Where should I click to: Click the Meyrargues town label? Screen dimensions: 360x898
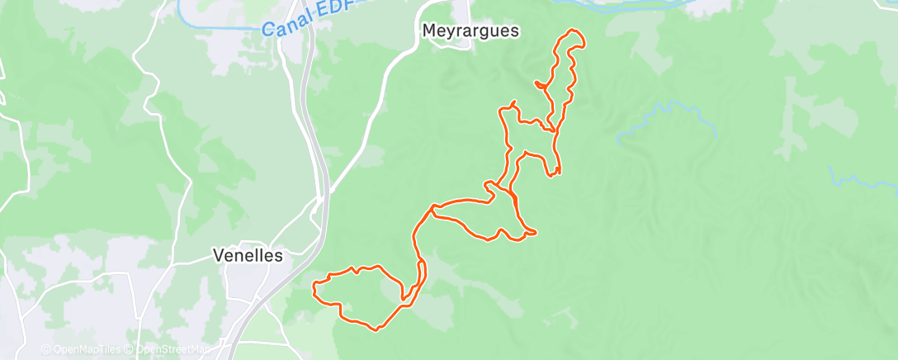[470, 31]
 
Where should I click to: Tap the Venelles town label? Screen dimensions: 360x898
[248, 255]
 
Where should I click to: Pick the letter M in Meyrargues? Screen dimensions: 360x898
[428, 31]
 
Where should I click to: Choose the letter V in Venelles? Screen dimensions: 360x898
[218, 255]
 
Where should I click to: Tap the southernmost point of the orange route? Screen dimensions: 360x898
[376, 330]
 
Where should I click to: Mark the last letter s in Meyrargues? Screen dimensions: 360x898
[514, 31]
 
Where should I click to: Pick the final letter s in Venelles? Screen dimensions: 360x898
[278, 255]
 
